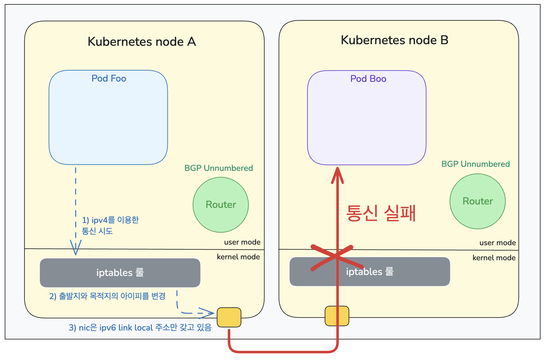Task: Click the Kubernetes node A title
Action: [x=141, y=41]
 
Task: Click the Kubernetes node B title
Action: [x=394, y=40]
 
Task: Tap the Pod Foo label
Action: [x=109, y=78]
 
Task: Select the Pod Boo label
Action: [x=368, y=79]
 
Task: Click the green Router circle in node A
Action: [x=221, y=204]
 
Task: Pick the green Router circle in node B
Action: [x=477, y=201]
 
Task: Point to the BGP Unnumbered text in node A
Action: [x=218, y=168]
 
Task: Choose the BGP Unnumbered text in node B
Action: [x=475, y=164]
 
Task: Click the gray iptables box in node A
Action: [x=120, y=273]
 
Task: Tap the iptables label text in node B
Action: [x=370, y=272]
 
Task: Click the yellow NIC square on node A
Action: [x=229, y=317]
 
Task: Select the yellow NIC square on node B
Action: [x=337, y=316]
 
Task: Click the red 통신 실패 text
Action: [x=381, y=213]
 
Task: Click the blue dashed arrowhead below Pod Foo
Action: [x=76, y=248]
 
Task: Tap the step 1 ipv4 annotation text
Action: [x=110, y=225]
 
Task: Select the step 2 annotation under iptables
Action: [x=107, y=296]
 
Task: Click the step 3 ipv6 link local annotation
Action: [x=140, y=328]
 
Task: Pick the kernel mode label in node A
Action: [x=238, y=257]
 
